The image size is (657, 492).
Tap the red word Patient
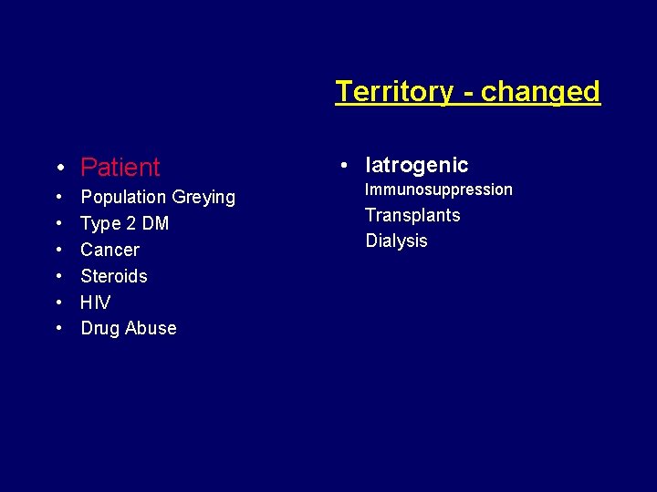point(120,167)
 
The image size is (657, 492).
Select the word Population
point(123,197)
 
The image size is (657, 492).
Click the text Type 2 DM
point(124,223)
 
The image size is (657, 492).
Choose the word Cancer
point(109,250)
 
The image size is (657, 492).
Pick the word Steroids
point(113,276)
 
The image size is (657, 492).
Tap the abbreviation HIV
point(95,302)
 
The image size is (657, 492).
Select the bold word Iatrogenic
point(416,165)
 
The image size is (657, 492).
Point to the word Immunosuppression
point(438,190)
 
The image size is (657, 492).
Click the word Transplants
point(412,215)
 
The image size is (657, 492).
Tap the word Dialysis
point(396,241)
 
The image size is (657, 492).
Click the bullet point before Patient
point(58,168)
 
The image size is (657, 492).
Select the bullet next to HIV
point(58,302)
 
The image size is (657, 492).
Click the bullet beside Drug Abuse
point(58,328)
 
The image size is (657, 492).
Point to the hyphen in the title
point(466,93)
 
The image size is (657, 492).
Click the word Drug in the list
point(99,328)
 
